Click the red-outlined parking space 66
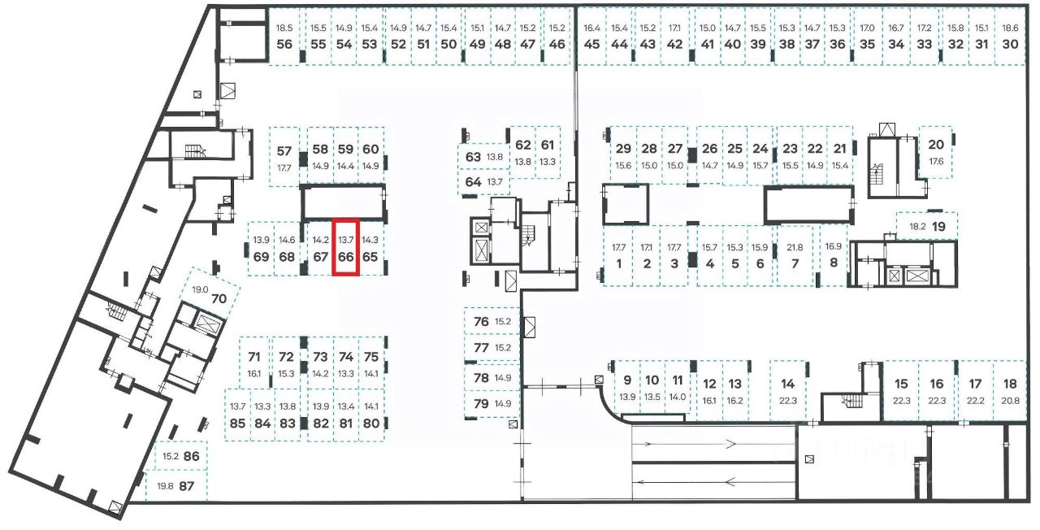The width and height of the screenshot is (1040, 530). point(346,248)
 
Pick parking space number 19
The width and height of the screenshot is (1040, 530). point(939,227)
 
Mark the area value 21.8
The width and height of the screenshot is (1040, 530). point(795,247)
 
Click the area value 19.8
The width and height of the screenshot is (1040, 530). point(165,486)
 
